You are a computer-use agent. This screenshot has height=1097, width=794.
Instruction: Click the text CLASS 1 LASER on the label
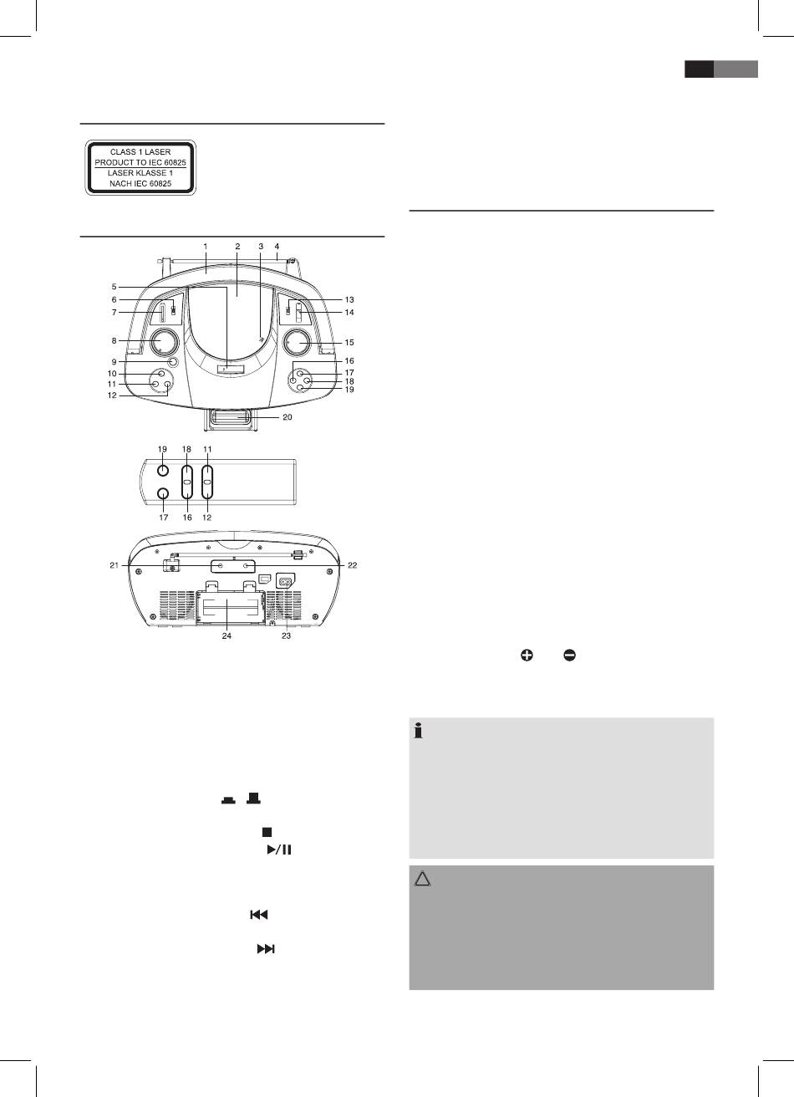point(140,151)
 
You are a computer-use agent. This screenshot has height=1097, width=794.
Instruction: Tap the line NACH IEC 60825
point(140,182)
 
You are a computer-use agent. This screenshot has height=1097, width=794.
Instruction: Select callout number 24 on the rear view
point(226,636)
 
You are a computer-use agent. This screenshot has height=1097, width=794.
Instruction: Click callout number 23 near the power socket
point(286,636)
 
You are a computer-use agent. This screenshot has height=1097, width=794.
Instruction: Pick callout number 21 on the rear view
point(113,566)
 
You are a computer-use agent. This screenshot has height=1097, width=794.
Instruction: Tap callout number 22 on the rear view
point(353,566)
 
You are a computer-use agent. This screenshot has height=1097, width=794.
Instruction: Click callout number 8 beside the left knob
point(113,341)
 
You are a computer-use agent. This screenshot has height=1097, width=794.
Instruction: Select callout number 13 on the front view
point(349,299)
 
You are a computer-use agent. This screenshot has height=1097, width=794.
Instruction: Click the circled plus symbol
point(527,656)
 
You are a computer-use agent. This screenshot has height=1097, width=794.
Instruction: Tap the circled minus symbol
point(569,656)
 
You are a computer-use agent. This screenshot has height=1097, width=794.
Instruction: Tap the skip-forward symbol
point(265,950)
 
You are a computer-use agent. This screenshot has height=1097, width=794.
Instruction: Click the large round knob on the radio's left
point(165,342)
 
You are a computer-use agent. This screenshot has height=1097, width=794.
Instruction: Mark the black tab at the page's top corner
point(699,69)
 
